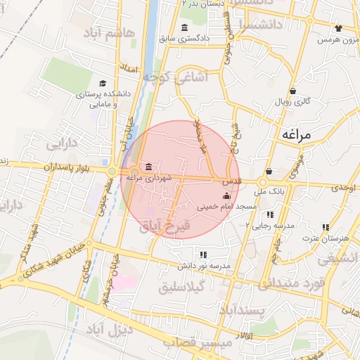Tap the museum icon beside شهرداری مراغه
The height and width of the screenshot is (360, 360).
(148, 167)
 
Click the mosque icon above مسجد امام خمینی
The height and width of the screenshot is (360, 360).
(216, 196)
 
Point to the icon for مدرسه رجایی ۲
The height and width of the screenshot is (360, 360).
(269, 214)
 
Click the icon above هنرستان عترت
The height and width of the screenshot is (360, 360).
(325, 227)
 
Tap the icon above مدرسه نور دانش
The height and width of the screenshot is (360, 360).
(203, 255)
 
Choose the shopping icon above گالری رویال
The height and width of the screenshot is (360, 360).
(293, 90)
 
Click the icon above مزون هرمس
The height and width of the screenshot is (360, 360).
(338, 29)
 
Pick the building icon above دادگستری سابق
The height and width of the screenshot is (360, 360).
(184, 27)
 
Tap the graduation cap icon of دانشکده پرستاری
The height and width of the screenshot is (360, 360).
(103, 83)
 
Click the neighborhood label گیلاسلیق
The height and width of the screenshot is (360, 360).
(201, 286)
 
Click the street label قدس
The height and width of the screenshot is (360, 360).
(232, 181)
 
